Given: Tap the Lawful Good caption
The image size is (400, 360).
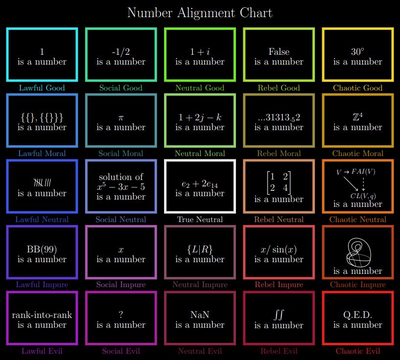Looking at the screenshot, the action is pyautogui.click(x=42, y=88).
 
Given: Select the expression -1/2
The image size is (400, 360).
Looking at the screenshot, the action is pyautogui.click(x=121, y=52).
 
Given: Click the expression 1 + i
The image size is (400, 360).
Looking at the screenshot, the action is pyautogui.click(x=200, y=52).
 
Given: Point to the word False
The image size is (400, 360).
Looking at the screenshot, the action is pyautogui.click(x=279, y=52).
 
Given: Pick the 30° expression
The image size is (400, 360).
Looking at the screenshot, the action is pyautogui.click(x=357, y=52).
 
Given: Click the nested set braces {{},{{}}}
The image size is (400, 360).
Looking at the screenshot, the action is pyautogui.click(x=42, y=118).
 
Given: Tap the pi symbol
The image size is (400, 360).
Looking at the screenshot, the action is pyautogui.click(x=121, y=118).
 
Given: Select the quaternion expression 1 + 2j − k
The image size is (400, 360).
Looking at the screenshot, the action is pyautogui.click(x=200, y=117).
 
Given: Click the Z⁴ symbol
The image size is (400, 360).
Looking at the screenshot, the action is pyautogui.click(x=357, y=117).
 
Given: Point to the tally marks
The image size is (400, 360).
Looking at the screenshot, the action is pyautogui.click(x=42, y=182).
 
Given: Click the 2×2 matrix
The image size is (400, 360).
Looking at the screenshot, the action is pyautogui.click(x=279, y=182).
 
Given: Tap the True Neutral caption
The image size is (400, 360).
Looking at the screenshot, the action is pyautogui.click(x=200, y=219).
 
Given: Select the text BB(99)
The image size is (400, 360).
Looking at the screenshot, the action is pyautogui.click(x=42, y=249).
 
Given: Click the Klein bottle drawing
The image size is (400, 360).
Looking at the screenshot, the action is pyautogui.click(x=358, y=252).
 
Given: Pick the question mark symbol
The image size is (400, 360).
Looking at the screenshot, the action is pyautogui.click(x=121, y=315).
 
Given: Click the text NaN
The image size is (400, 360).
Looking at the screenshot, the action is pyautogui.click(x=200, y=315).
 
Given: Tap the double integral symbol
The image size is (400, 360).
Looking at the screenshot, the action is pyautogui.click(x=279, y=315).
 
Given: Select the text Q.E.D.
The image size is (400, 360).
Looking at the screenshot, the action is pyautogui.click(x=357, y=315).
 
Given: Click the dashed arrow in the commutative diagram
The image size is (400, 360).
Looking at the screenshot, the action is pyautogui.click(x=363, y=184).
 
